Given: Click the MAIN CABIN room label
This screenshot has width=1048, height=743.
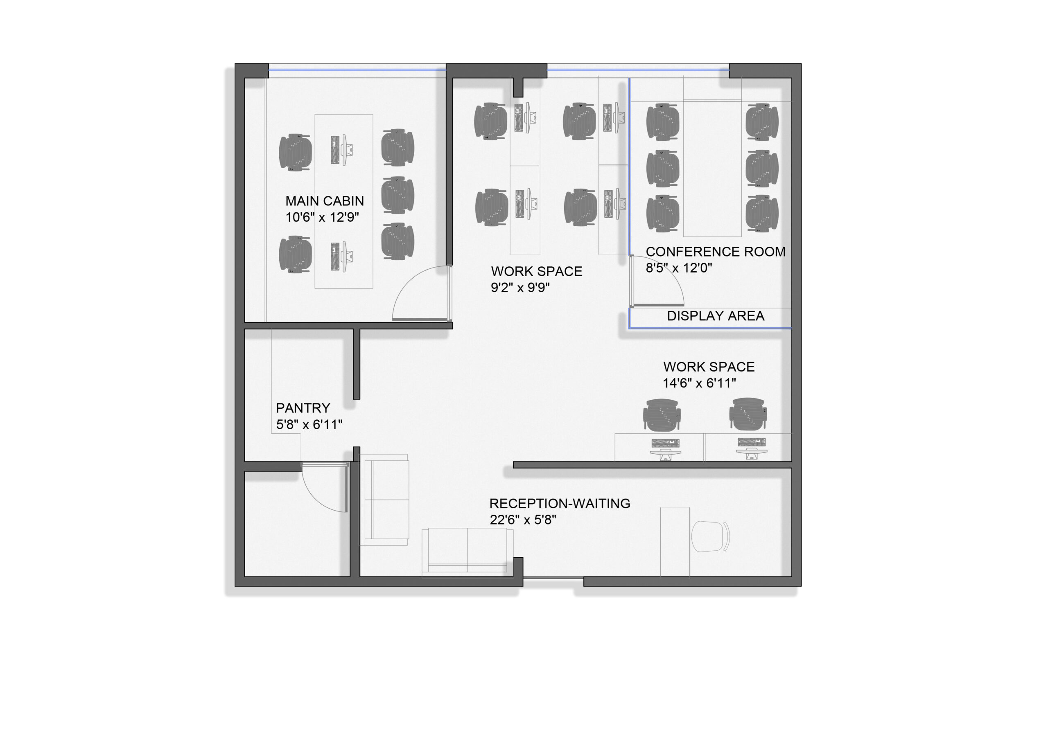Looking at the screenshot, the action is coord(325,201).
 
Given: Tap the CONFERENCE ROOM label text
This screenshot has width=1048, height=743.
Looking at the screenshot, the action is coord(715,252).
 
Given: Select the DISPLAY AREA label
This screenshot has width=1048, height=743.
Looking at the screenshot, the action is coord(715,316).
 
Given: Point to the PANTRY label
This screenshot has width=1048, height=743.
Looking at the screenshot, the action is coord(303,408).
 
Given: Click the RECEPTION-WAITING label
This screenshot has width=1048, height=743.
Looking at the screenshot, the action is coord(560,503).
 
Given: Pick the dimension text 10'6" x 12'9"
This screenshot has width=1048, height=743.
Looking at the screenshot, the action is coord(322,217).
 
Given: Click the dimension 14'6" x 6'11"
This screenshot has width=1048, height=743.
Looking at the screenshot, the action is coord(699,383).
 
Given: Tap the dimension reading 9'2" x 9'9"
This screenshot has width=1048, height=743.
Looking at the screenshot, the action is coord(520,287).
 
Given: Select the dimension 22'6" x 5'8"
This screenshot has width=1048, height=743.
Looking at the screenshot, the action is coord(523,520).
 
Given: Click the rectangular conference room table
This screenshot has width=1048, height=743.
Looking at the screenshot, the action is coord(712,169).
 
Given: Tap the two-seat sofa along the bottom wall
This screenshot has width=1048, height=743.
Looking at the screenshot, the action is coord(467,552).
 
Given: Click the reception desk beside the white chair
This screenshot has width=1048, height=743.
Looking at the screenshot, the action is coord(675,542).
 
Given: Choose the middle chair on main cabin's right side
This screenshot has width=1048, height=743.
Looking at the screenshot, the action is coord(398,194).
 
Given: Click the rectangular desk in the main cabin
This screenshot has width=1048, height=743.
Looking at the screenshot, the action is coord(344,201).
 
